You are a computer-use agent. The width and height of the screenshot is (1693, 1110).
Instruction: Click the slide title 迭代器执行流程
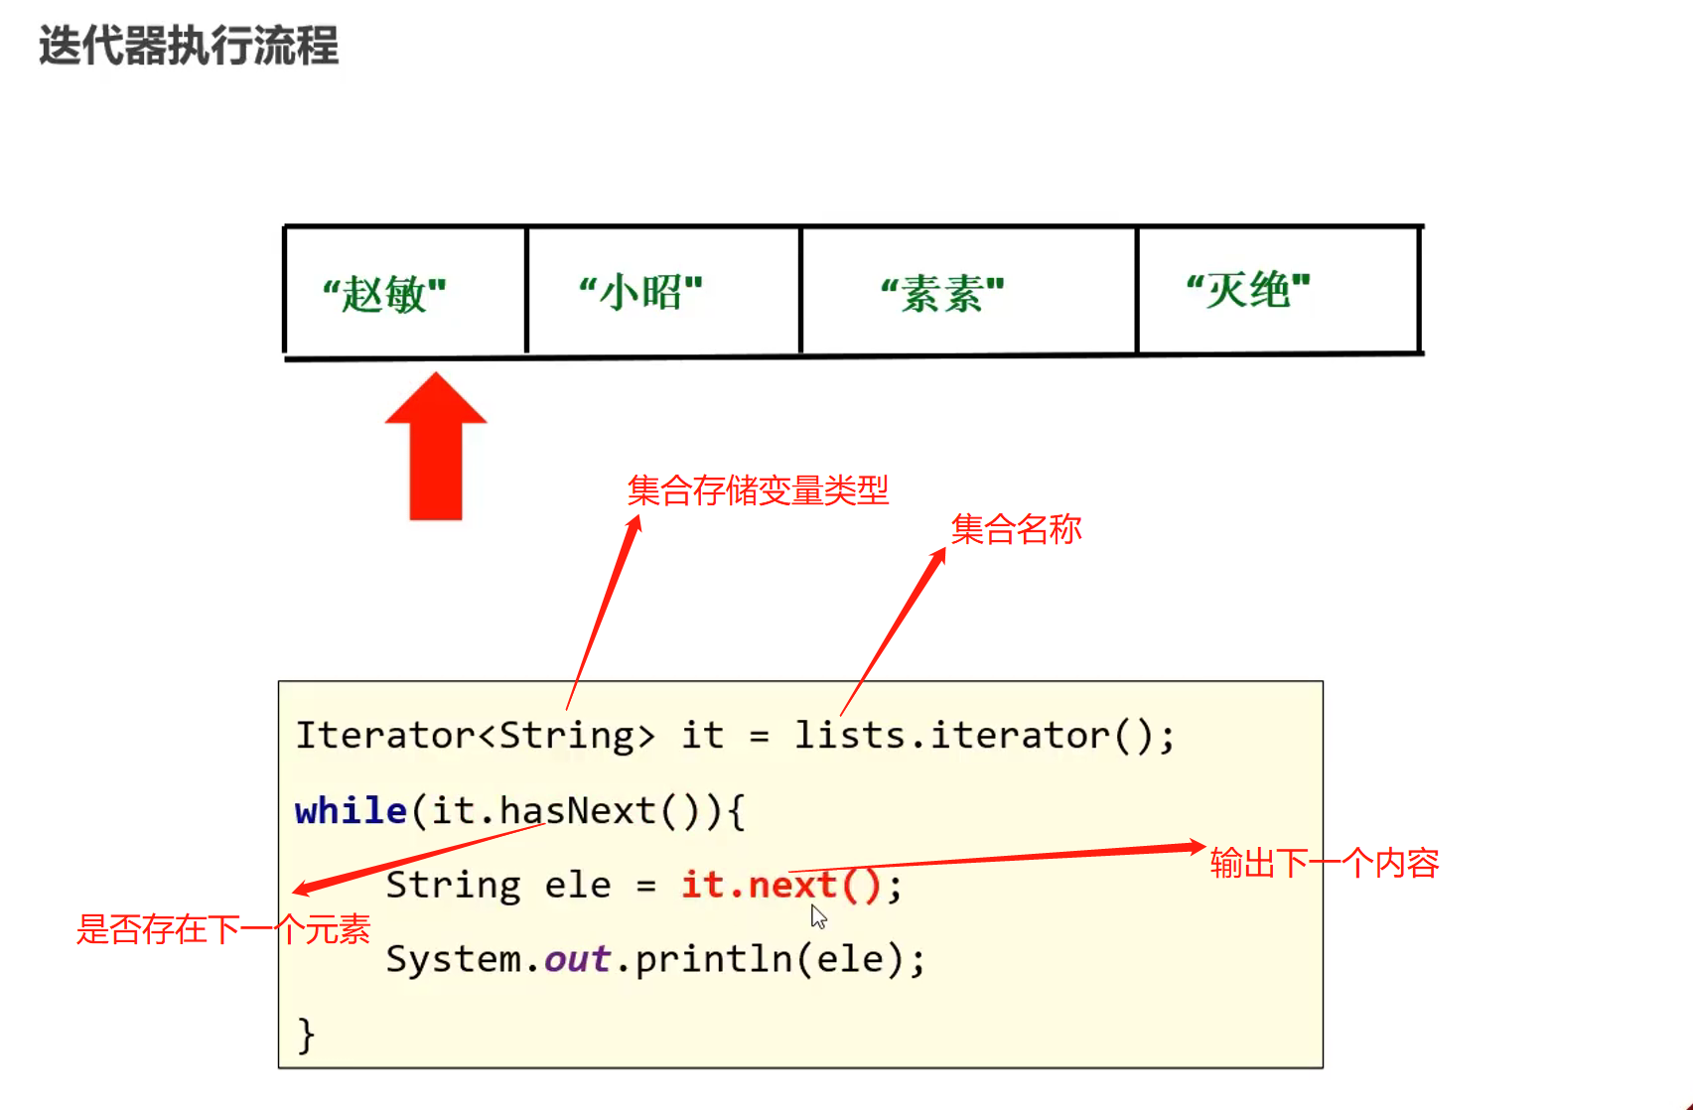189,46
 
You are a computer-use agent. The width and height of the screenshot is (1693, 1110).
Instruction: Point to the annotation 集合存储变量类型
758,490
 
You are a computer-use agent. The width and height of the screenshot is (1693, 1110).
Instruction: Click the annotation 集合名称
1016,529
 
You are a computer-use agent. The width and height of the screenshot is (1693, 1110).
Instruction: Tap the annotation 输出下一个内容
1325,863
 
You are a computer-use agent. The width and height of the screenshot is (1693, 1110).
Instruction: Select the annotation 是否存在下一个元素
223,929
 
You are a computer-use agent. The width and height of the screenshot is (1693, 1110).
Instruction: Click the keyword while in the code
351,811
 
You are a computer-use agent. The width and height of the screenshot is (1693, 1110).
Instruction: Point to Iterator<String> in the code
475,736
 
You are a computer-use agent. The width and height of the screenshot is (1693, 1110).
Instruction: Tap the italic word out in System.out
577,959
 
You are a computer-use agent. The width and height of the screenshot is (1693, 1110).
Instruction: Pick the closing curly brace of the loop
306,1035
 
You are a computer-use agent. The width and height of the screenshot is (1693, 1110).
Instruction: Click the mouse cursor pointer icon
818,916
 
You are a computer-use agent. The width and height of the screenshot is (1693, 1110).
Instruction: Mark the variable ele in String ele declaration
578,885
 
